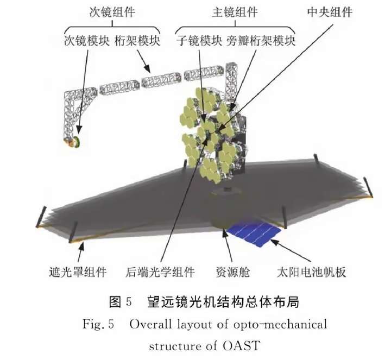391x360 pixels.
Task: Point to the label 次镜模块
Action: (87, 41)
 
